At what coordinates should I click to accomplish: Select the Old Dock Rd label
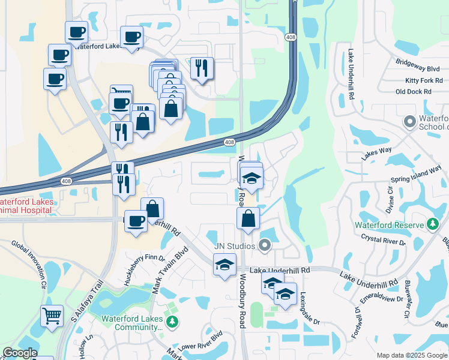point(414,92)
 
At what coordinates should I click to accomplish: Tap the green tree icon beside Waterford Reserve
point(433,224)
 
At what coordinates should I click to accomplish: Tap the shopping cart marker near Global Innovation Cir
point(52,315)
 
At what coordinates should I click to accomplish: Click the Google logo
point(19,353)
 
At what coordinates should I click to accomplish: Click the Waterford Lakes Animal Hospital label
point(27,206)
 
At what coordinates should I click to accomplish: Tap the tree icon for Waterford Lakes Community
point(172,322)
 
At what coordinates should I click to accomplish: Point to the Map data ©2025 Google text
point(412,355)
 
